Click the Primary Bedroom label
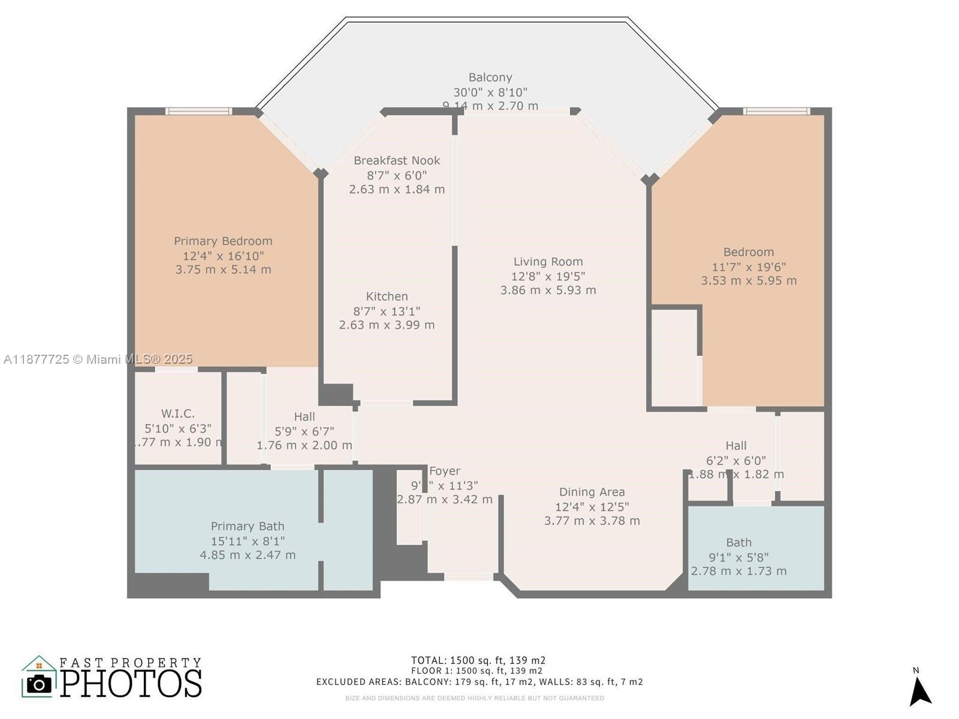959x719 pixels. pyautogui.click(x=223, y=241)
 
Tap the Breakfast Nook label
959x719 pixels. pyautogui.click(x=397, y=161)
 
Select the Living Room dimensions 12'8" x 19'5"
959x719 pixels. pyautogui.click(x=548, y=276)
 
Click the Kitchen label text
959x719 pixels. pyautogui.click(x=387, y=297)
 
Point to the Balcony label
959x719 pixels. pyautogui.click(x=490, y=77)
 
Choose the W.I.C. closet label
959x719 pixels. pyautogui.click(x=178, y=413)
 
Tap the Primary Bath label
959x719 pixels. pyautogui.click(x=248, y=526)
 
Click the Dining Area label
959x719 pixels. pyautogui.click(x=592, y=492)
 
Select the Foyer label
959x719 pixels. pyautogui.click(x=445, y=471)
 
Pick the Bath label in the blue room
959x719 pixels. pyautogui.click(x=738, y=542)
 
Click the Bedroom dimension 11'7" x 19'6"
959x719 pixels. pyautogui.click(x=749, y=267)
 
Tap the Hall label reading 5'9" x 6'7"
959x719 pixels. pyautogui.click(x=304, y=416)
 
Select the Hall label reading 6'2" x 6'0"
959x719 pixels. pyautogui.click(x=736, y=446)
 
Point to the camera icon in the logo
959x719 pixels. pyautogui.click(x=40, y=684)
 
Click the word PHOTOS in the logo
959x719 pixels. pyautogui.click(x=131, y=683)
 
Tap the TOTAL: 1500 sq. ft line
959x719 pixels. pyautogui.click(x=478, y=660)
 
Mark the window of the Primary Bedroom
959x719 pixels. pyautogui.click(x=198, y=111)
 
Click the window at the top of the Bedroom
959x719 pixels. pyautogui.click(x=776, y=111)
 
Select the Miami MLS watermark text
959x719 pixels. pyautogui.click(x=98, y=359)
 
